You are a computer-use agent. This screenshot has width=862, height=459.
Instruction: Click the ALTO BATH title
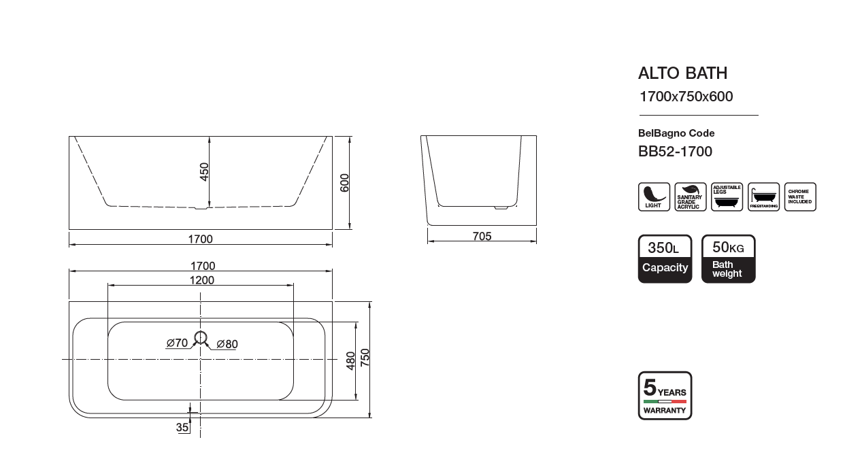coord(682,73)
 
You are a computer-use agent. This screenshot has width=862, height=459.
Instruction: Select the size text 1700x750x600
coord(686,96)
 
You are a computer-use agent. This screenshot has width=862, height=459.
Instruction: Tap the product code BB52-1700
coord(675,151)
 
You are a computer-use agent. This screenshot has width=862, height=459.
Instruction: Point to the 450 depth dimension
coord(204,172)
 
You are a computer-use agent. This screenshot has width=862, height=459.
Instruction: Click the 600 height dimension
coord(344,183)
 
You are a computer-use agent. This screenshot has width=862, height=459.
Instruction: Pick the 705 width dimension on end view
coord(482,236)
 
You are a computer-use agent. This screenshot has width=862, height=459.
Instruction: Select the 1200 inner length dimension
coord(201,280)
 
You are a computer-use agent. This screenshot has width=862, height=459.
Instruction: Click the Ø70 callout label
coord(177,343)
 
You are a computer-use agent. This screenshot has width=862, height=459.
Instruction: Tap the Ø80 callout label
coord(227,343)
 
